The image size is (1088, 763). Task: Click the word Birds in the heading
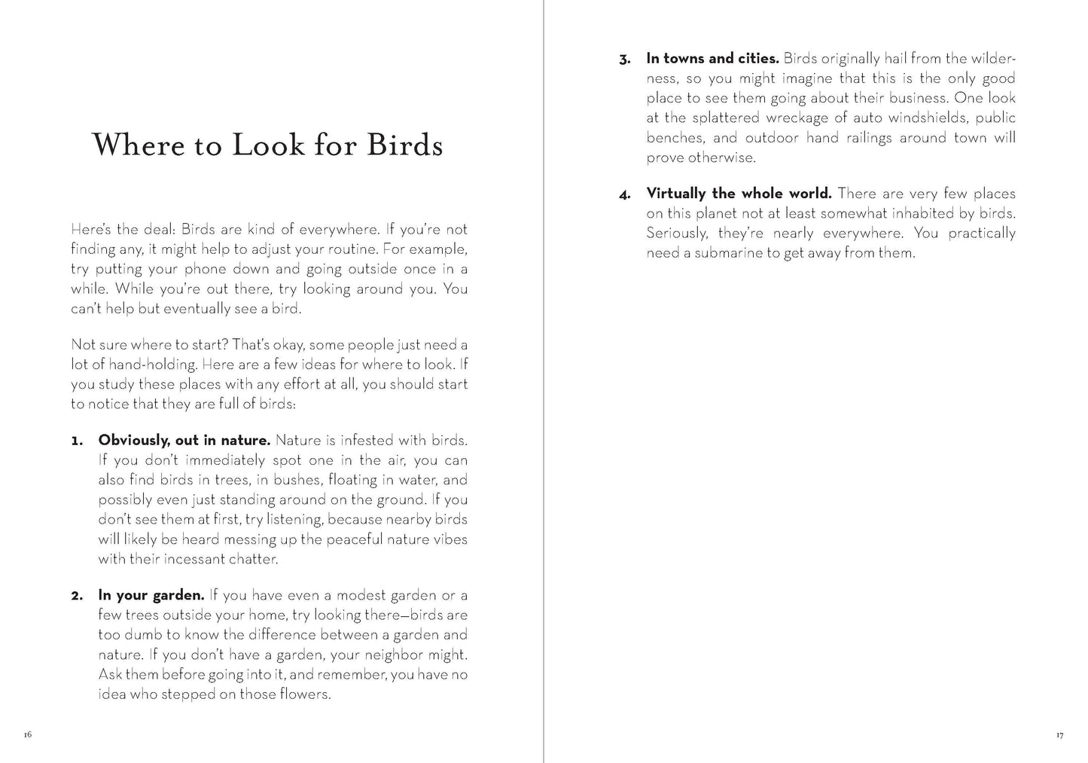tap(404, 145)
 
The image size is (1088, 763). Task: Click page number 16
tap(28, 734)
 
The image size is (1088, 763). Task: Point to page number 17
tap(1059, 735)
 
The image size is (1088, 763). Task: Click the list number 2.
tap(77, 596)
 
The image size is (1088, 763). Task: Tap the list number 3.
tap(625, 60)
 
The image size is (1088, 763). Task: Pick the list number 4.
tap(625, 195)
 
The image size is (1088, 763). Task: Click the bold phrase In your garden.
tap(151, 596)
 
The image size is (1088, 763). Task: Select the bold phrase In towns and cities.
tap(712, 59)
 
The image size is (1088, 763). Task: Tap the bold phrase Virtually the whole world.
tap(739, 194)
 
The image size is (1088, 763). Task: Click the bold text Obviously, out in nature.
tap(184, 441)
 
